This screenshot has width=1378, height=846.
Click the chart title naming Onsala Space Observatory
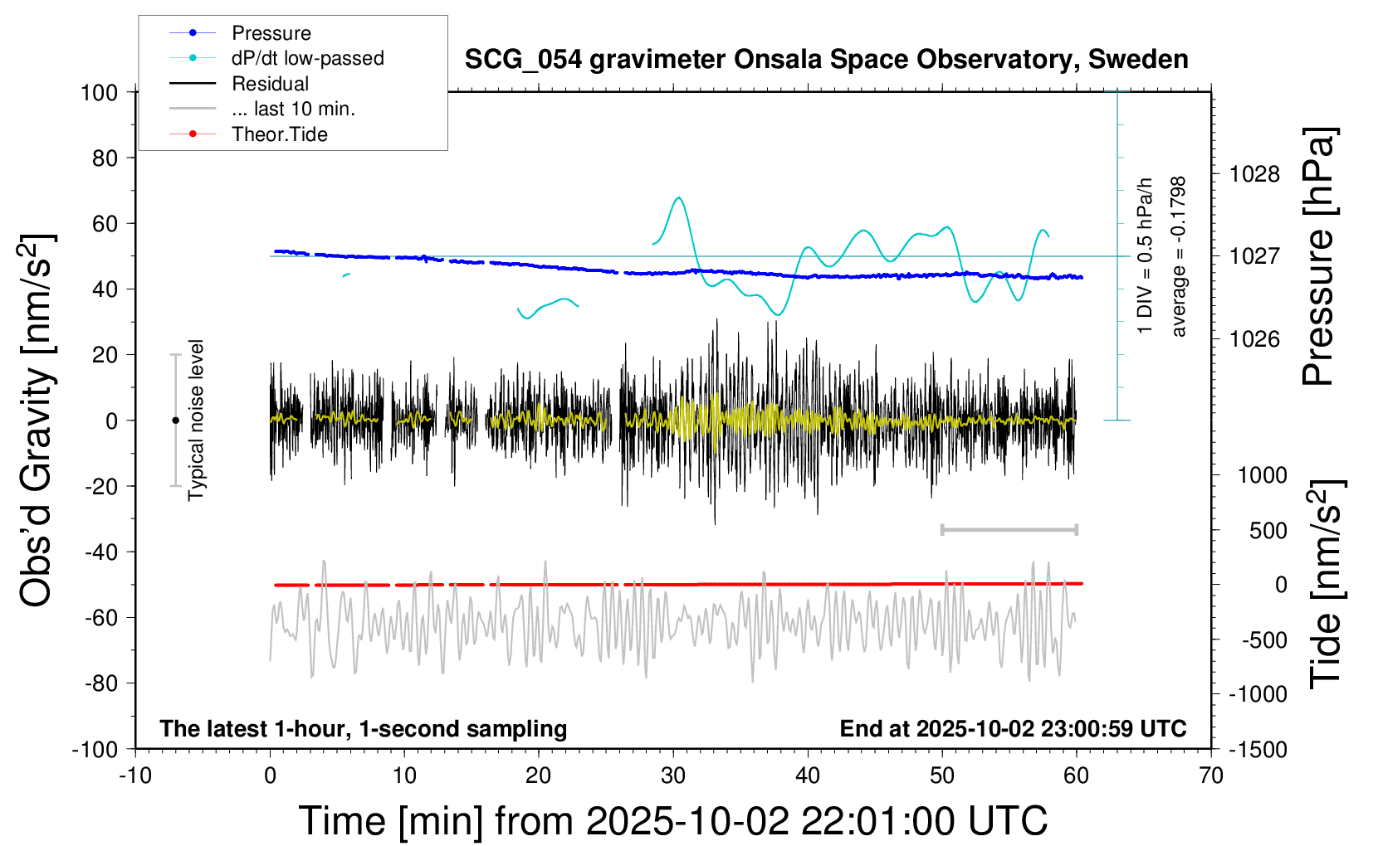pos(826,60)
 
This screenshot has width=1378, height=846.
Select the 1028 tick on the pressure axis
pos(1254,174)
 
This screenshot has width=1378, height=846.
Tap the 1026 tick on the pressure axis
pos(1254,338)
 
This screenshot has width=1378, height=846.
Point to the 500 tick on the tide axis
pos(1268,530)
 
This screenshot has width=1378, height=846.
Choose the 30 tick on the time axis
pos(673,776)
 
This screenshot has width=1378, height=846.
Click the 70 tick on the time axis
pos(1211,776)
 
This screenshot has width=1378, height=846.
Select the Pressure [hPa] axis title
pos(1317,256)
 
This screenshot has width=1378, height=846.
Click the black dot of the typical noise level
pos(175,421)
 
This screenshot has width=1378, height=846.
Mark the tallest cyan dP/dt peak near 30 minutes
pos(680,197)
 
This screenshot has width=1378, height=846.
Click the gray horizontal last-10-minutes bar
pos(1009,530)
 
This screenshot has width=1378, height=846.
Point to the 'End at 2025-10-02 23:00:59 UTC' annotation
pos(1013,729)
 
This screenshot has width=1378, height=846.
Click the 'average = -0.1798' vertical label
pos(1179,256)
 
